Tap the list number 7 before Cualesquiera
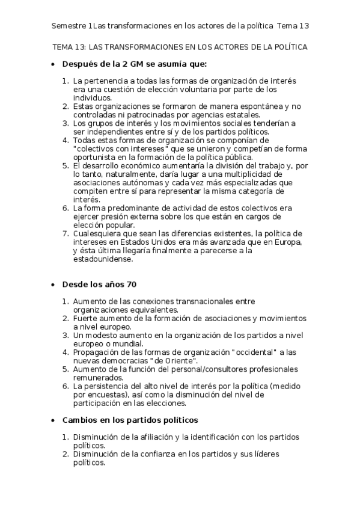point(66,233)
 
